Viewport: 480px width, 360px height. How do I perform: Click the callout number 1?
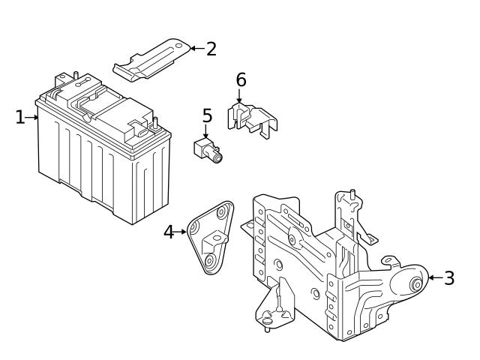click(20, 117)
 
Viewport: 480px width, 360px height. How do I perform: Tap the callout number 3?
click(448, 278)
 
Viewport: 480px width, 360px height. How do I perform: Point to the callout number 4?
click(169, 232)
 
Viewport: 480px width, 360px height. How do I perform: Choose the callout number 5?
click(207, 116)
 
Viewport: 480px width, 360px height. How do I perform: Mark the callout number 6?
click(241, 79)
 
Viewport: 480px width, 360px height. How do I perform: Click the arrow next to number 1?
click(32, 117)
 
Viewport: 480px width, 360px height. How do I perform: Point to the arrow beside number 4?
click(181, 232)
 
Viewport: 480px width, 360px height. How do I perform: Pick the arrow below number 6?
click(241, 96)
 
